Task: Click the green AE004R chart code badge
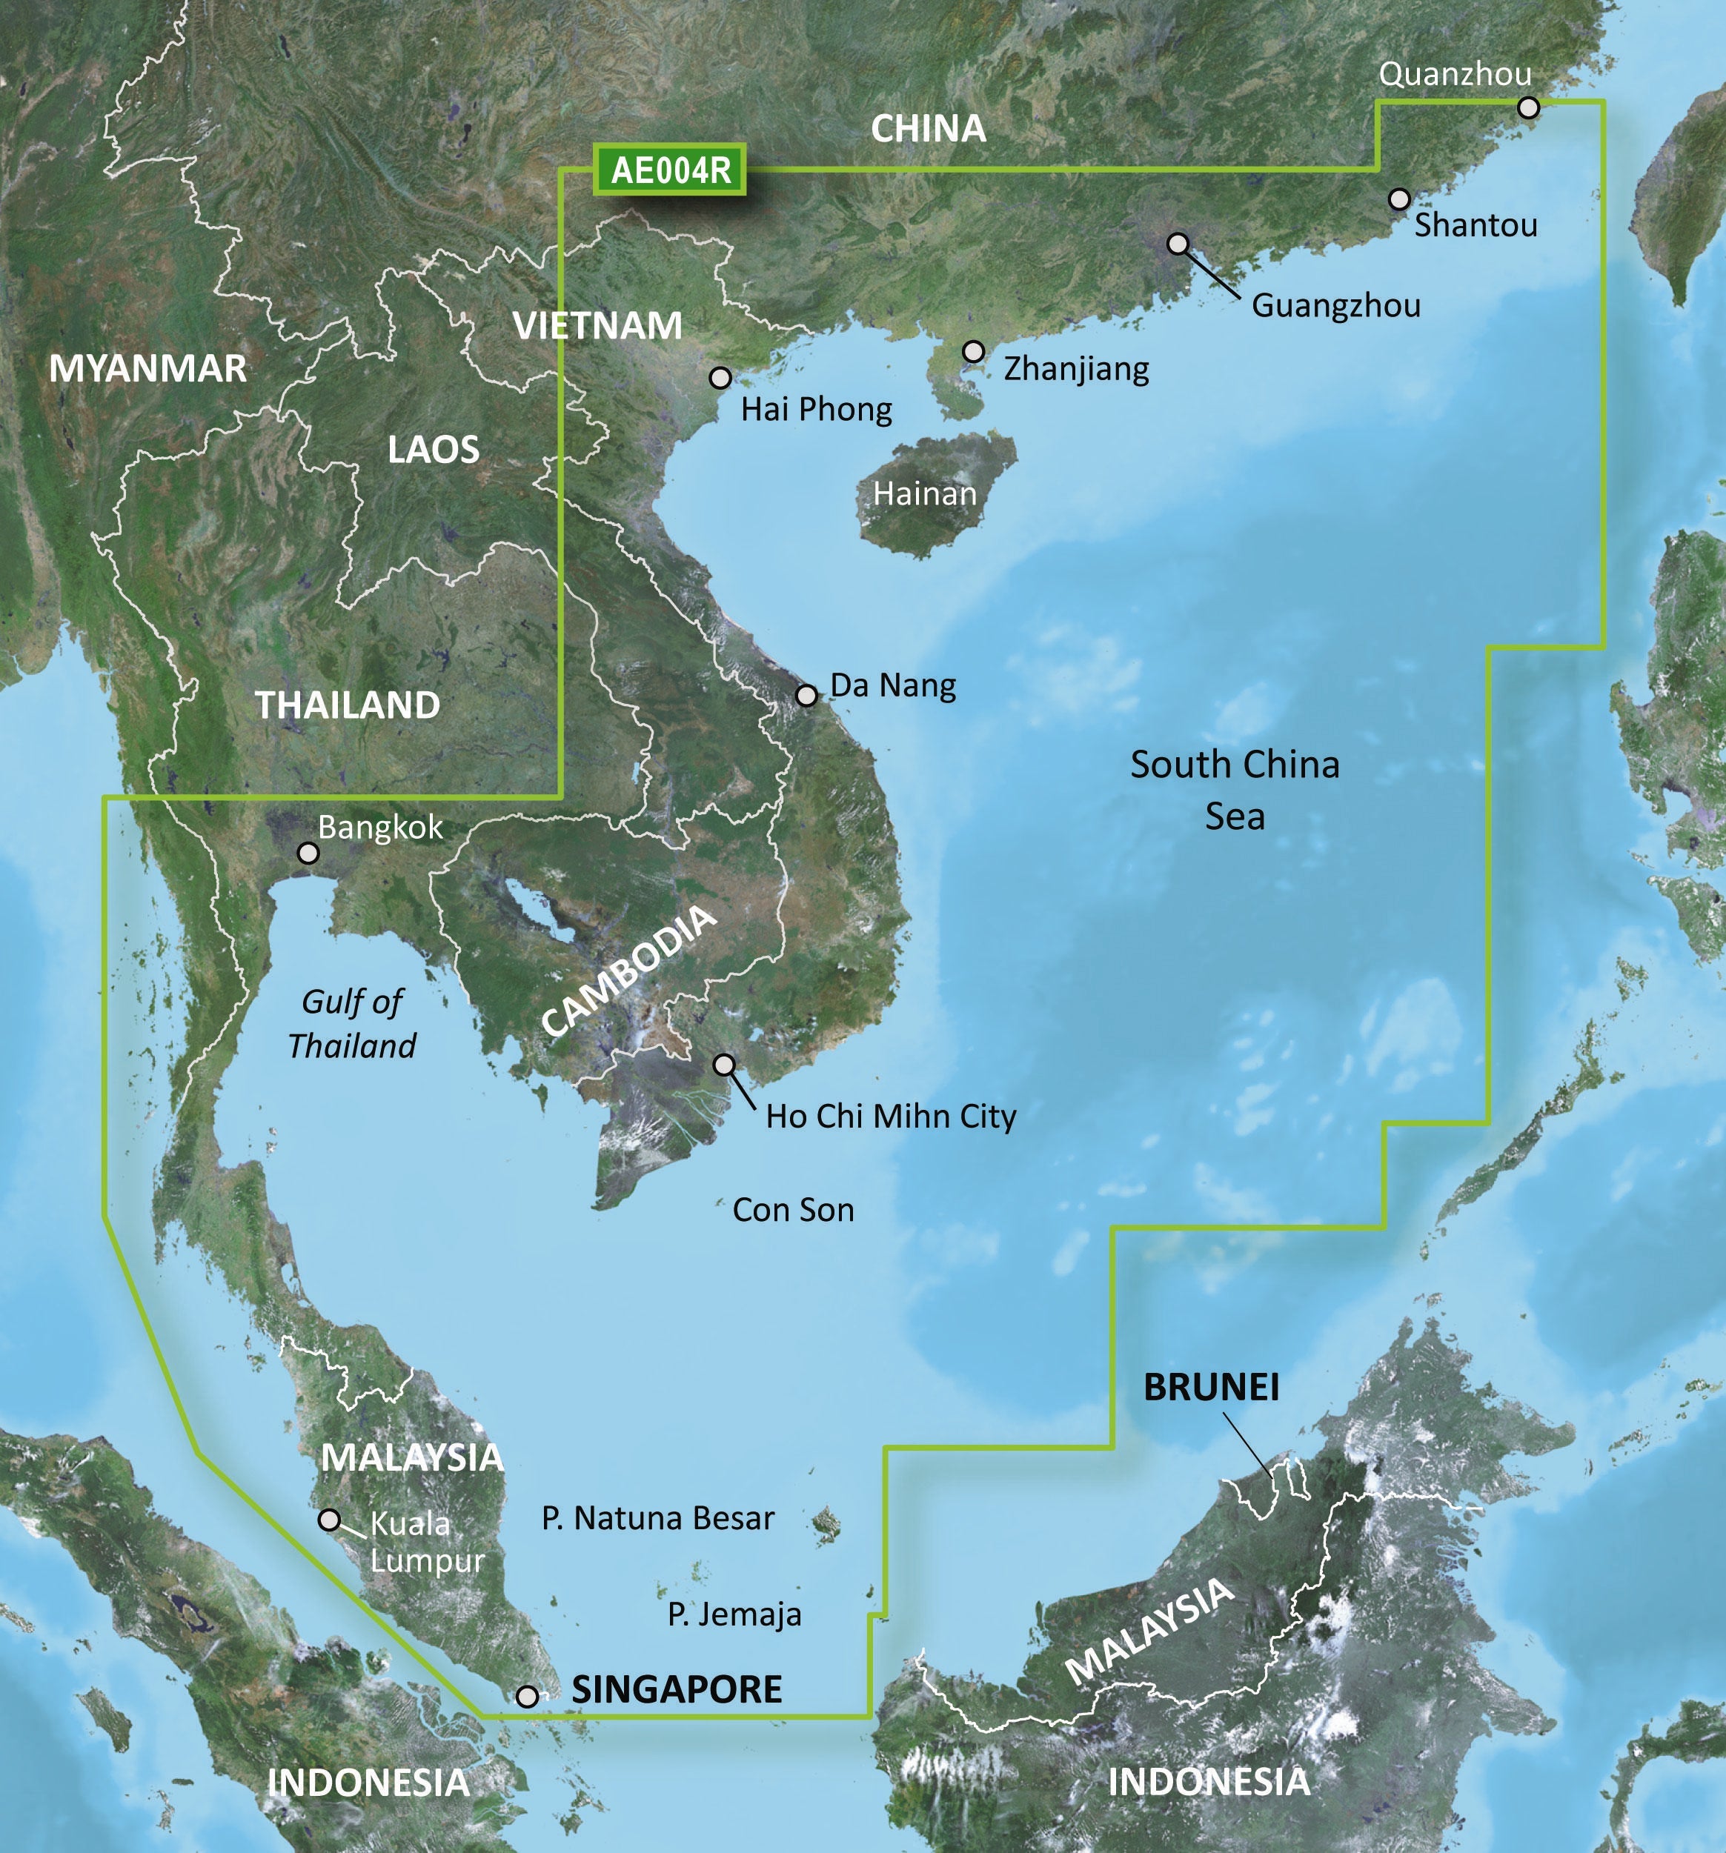tap(669, 170)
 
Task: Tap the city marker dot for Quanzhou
tap(1527, 107)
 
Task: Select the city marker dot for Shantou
tap(1398, 199)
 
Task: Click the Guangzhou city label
tap(1335, 306)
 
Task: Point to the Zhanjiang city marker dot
tap(974, 351)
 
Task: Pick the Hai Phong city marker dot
tap(720, 378)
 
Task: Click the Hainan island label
tap(924, 494)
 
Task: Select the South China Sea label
tap(1235, 791)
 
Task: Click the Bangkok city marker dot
tap(308, 853)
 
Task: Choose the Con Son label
tap(793, 1210)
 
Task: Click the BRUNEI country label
tap(1211, 1388)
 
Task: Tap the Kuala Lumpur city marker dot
tap(329, 1520)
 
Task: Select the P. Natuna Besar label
tap(657, 1518)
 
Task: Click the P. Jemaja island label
tap(734, 1614)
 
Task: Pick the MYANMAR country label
tap(147, 369)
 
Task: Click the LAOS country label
tap(434, 451)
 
